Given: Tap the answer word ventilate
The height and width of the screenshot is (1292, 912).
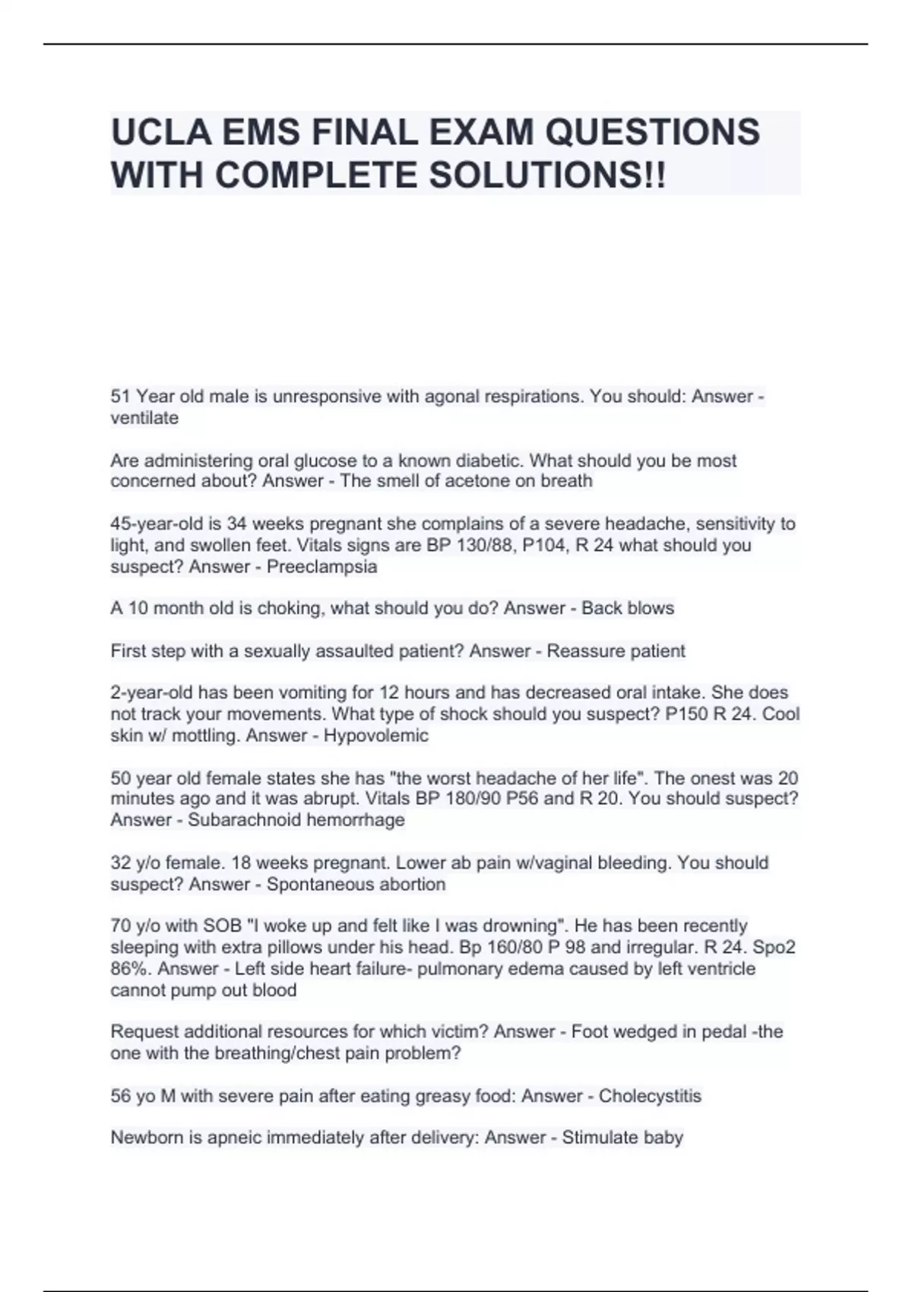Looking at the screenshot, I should [x=144, y=418].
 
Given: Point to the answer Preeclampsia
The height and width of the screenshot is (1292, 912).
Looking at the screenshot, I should [x=321, y=567].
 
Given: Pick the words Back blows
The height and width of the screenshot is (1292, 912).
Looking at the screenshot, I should [x=628, y=609].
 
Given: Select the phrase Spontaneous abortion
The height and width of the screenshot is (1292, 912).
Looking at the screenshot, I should [x=356, y=885].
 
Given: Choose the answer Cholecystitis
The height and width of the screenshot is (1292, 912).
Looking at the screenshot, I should [x=650, y=1096].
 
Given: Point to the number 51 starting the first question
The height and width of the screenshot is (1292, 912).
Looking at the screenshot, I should [x=120, y=397].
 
